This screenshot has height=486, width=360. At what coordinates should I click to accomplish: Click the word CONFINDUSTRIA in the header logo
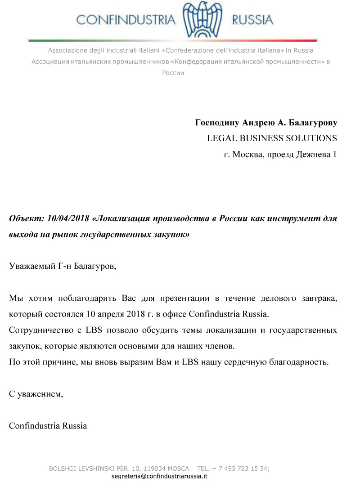(126, 20)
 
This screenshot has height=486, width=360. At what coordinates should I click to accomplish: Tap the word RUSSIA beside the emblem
(252, 20)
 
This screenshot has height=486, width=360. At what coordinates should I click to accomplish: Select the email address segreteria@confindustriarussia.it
(159, 476)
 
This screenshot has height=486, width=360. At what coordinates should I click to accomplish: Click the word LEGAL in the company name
(220, 138)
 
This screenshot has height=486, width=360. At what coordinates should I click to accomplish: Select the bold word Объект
(25, 218)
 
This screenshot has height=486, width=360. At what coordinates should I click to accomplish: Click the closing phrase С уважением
(36, 394)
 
